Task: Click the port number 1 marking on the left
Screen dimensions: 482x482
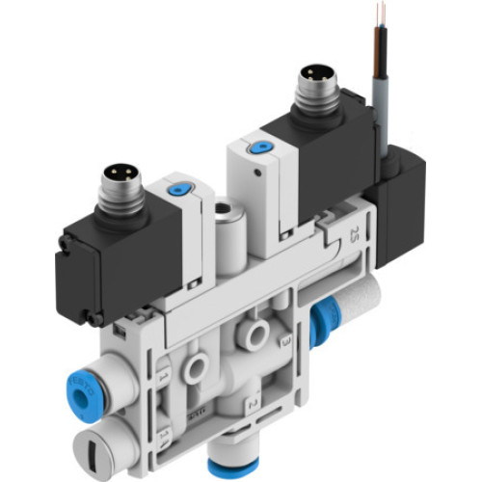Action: pyautogui.click(x=163, y=371)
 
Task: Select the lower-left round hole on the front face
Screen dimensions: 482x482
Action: pyautogui.click(x=198, y=363)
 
